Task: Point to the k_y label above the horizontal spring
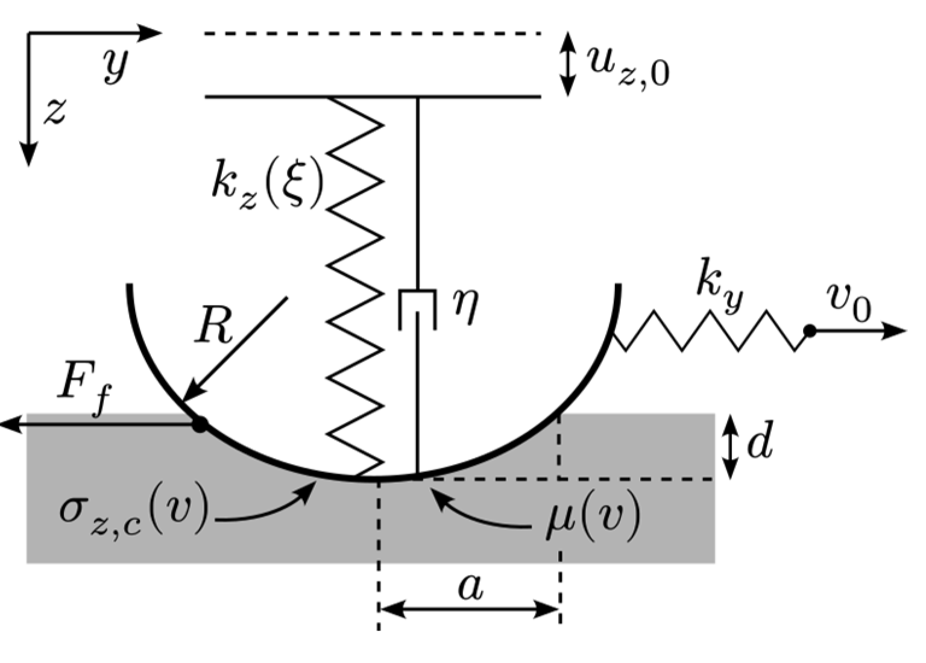click(719, 281)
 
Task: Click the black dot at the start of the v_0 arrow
click(810, 331)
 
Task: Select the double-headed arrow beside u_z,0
click(567, 64)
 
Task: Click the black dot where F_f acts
click(200, 424)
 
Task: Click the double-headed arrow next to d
click(730, 447)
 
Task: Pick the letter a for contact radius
click(470, 587)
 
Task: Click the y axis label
click(116, 64)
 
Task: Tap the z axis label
click(55, 112)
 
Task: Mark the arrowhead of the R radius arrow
click(188, 395)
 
